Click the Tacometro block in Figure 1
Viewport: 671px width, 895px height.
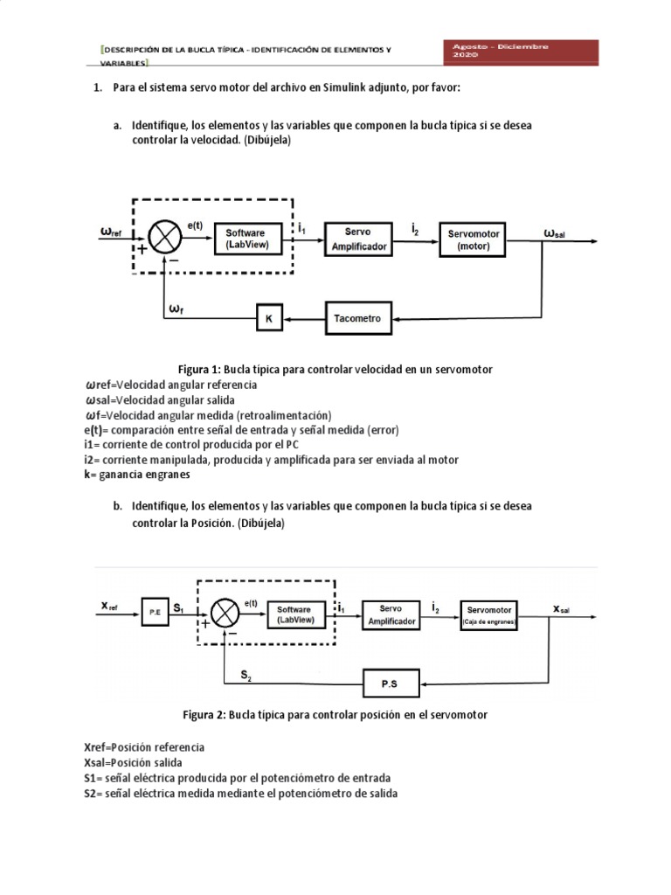click(x=357, y=319)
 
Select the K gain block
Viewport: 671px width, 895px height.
click(x=268, y=320)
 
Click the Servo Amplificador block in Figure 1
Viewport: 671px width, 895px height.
click(x=358, y=239)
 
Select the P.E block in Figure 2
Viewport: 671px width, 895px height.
click(x=153, y=613)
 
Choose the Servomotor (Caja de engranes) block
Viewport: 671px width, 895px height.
click(x=490, y=614)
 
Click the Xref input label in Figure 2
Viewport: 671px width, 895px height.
click(x=110, y=607)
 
